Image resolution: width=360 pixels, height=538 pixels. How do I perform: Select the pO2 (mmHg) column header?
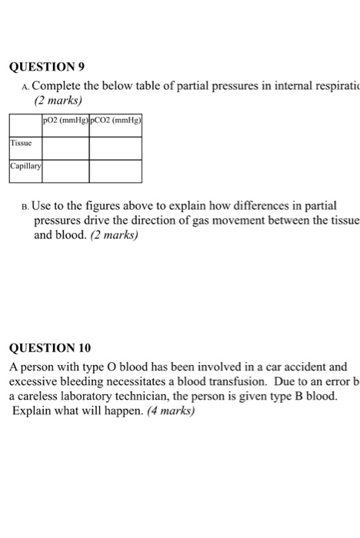point(65,121)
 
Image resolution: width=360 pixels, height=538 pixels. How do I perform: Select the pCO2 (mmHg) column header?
point(115,121)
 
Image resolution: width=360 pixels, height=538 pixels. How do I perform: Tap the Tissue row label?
point(22,142)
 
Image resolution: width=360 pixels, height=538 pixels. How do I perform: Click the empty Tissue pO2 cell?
point(65,148)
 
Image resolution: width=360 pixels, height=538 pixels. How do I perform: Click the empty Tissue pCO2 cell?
point(115,148)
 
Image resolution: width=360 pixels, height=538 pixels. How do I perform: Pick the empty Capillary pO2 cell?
point(65,171)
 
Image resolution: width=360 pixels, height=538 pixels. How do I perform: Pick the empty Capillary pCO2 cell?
point(115,171)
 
